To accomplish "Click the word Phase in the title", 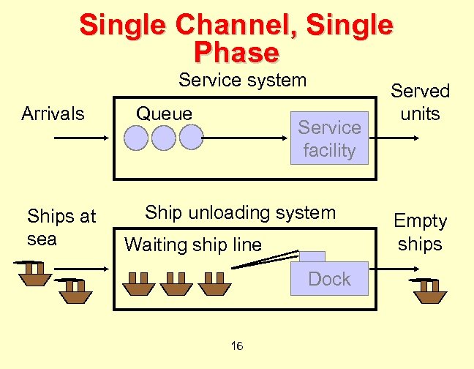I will click(x=236, y=53).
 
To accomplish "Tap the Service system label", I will click(x=242, y=80).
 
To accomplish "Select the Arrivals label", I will click(x=53, y=113).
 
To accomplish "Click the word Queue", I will click(x=165, y=113).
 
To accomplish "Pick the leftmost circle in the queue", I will click(x=137, y=138).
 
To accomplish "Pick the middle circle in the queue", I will click(x=163, y=138).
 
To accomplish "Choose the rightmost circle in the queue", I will click(x=190, y=138).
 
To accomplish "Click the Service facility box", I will click(x=329, y=138).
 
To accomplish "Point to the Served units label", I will click(x=420, y=102).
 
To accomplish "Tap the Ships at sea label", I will click(x=61, y=227).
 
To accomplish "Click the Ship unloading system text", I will click(x=240, y=213).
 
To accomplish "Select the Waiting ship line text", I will click(x=193, y=245).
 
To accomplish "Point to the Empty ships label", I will click(x=420, y=232).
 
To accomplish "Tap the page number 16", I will click(x=237, y=346).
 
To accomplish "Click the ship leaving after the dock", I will click(x=429, y=291).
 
